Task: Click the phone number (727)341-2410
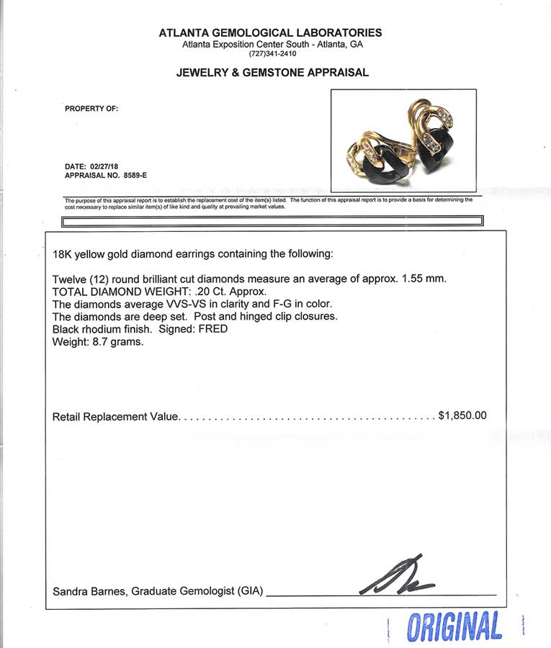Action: [272, 54]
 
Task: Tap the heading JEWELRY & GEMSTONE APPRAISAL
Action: [272, 73]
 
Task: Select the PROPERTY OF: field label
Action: [91, 109]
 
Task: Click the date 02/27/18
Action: [106, 165]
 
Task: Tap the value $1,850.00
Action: [462, 415]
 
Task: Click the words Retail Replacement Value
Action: [115, 416]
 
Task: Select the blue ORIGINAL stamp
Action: [454, 626]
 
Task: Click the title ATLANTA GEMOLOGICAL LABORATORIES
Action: [271, 32]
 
